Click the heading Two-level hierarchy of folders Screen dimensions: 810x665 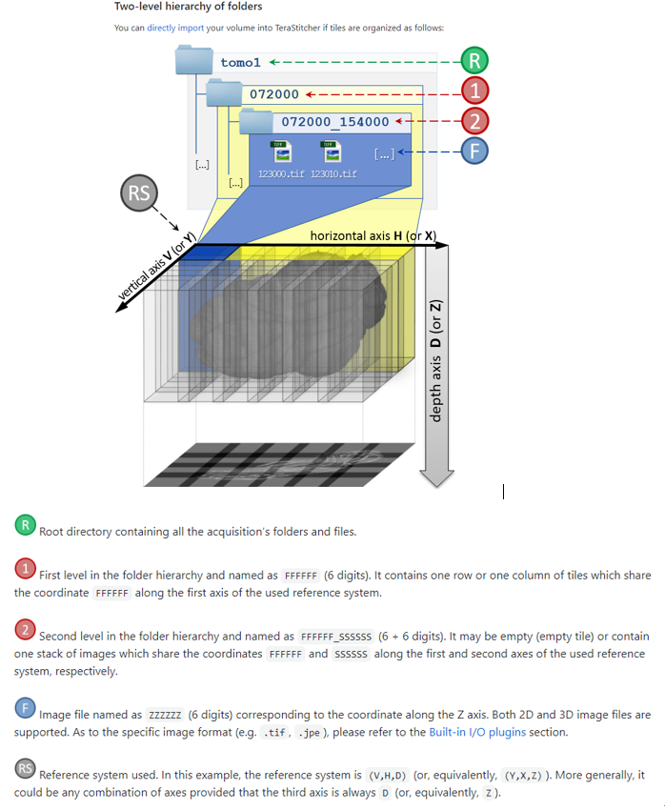tap(181, 7)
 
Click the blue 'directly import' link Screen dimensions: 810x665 tap(176, 28)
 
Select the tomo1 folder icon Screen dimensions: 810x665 tap(194, 62)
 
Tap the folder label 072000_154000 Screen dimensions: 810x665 tap(335, 122)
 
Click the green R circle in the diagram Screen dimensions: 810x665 tap(474, 62)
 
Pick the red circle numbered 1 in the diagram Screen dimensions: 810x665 tap(474, 92)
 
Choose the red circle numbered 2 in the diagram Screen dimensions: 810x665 tap(474, 121)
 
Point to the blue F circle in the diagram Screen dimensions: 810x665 tap(474, 151)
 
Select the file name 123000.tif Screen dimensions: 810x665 tap(281, 174)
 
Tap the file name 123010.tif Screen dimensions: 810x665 tap(333, 174)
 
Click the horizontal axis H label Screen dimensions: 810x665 tap(373, 235)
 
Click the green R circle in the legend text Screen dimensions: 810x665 tap(25, 524)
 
